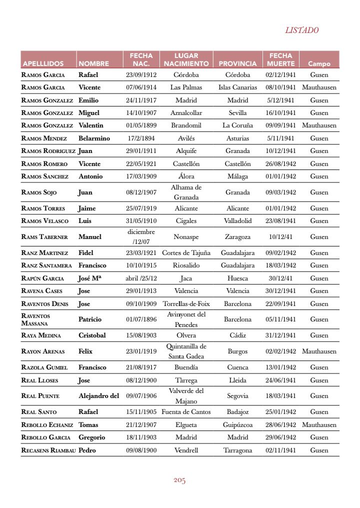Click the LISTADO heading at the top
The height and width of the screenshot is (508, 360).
point(301,30)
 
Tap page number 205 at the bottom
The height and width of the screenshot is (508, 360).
point(179,480)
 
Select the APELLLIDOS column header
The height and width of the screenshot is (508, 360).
point(43,64)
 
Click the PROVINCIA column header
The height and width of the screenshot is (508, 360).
point(237,64)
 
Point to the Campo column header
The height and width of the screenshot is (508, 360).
point(319,64)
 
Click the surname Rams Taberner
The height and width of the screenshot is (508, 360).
point(44,236)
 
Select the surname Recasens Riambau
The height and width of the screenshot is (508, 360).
point(48,450)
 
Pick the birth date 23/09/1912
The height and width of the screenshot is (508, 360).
point(141,75)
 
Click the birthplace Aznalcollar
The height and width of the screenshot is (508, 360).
point(186,113)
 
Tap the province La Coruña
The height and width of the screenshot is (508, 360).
point(237,125)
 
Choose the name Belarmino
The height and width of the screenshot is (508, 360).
point(94,138)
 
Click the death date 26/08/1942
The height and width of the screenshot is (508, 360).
point(280,163)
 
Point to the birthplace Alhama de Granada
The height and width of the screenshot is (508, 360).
point(186,192)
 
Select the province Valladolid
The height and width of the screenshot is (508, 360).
point(237,220)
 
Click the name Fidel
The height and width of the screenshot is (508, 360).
point(86,252)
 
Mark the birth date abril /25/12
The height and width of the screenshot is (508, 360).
point(141,278)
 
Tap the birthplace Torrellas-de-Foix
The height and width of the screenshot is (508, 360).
point(186,303)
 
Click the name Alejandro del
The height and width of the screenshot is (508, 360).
point(98,395)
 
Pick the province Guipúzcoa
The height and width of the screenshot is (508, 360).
point(237,424)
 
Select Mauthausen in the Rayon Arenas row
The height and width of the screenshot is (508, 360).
point(319,351)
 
